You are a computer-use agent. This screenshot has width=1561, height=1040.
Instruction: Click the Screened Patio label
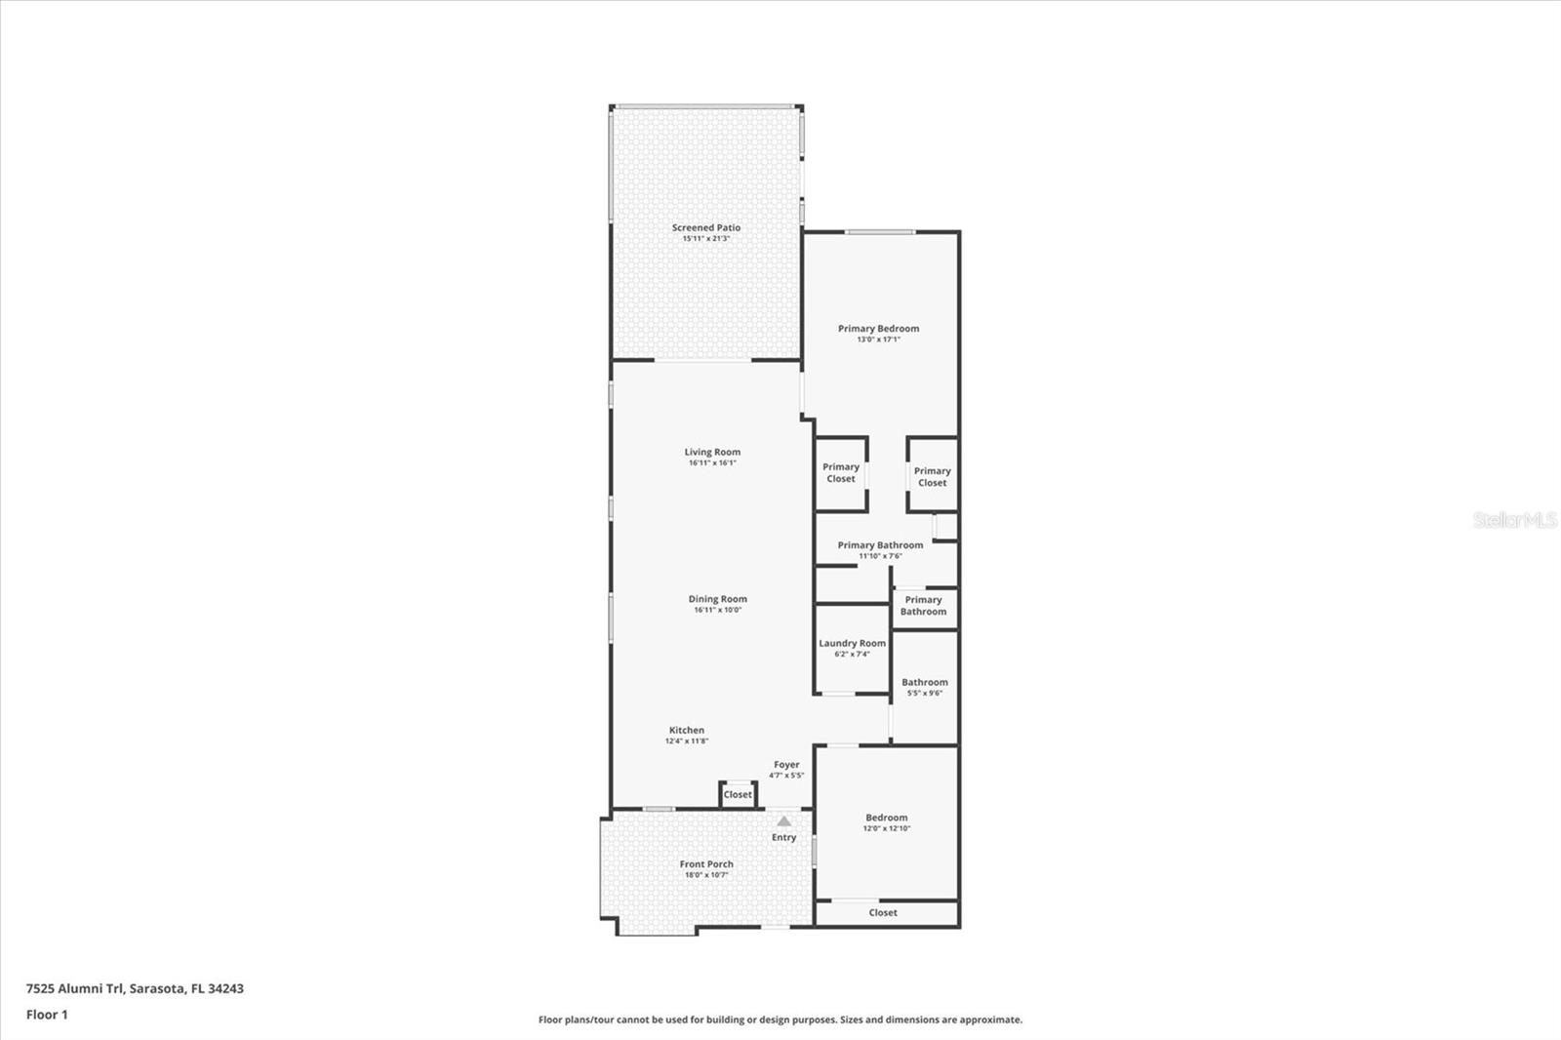(x=705, y=227)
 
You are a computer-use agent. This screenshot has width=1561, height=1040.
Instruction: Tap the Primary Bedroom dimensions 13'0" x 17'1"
(x=878, y=340)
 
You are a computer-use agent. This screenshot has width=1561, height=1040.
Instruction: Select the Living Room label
(x=712, y=452)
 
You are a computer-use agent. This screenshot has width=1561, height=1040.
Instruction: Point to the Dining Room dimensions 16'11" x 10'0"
(x=717, y=610)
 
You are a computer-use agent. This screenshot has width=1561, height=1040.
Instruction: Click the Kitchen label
(x=686, y=730)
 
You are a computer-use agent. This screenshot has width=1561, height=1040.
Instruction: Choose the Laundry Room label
(x=852, y=643)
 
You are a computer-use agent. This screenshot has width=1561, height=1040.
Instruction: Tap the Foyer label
(x=786, y=765)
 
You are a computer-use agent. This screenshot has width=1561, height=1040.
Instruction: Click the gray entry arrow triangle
(x=783, y=821)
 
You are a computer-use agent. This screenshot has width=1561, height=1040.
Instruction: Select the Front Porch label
(x=706, y=863)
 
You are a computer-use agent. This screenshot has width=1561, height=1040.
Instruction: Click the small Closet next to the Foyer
(x=738, y=794)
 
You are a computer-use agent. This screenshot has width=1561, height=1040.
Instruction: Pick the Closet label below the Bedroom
(x=883, y=912)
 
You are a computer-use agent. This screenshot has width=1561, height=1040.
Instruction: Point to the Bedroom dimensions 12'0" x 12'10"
(x=886, y=828)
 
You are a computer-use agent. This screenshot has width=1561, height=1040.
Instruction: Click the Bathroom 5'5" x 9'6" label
(x=924, y=683)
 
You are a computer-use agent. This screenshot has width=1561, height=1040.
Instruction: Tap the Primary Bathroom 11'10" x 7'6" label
(x=880, y=545)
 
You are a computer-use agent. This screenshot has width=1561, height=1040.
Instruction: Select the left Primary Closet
(x=841, y=473)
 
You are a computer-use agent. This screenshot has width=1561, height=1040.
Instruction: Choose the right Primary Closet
(x=932, y=477)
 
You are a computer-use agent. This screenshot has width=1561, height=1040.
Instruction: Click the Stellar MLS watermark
(x=1514, y=520)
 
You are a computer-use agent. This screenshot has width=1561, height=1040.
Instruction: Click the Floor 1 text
(x=47, y=1015)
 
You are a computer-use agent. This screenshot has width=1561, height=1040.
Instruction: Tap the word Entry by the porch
(x=783, y=837)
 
